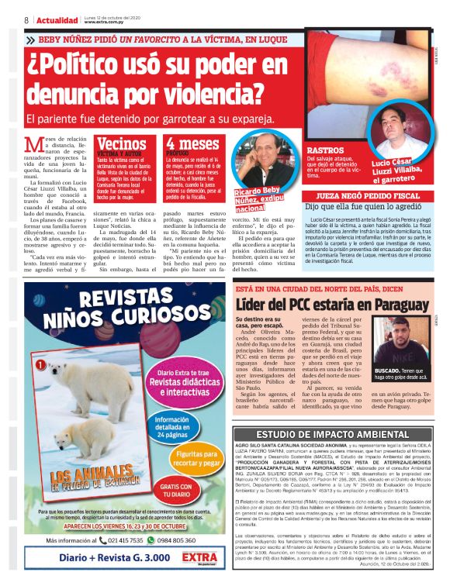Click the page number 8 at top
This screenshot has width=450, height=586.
click(26, 19)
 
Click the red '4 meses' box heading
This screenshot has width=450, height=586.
click(192, 144)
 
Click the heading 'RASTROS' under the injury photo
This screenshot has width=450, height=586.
click(304, 150)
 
